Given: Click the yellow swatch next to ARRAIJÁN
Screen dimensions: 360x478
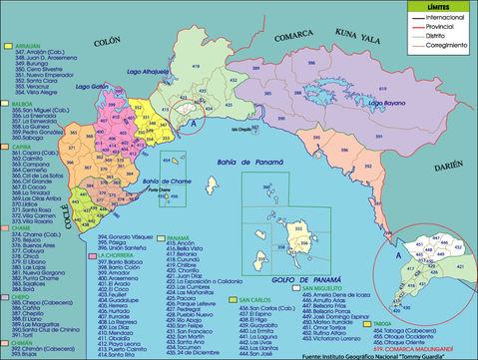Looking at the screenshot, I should pyautogui.click(x=8, y=45).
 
